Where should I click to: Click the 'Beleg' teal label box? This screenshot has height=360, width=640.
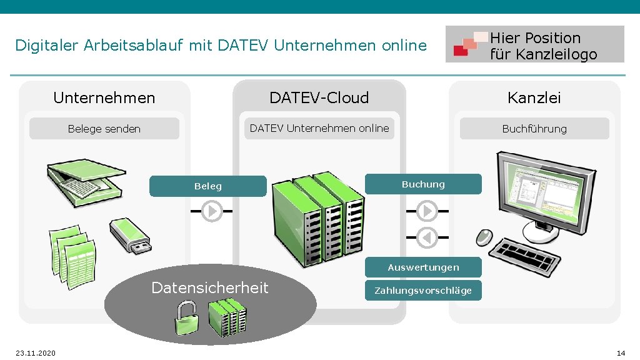[207, 186]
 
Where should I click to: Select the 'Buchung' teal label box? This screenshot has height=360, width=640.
[423, 184]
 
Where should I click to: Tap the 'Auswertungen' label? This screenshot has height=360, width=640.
[423, 267]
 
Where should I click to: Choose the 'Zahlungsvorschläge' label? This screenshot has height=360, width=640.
[423, 291]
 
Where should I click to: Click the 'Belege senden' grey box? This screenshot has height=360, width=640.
[104, 129]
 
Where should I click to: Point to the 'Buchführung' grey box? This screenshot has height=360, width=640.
[534, 129]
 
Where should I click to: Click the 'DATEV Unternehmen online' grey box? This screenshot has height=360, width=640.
[319, 128]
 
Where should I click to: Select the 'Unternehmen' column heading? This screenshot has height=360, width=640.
[104, 97]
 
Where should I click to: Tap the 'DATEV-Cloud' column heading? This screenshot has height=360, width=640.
[319, 97]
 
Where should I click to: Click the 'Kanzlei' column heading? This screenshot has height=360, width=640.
[534, 97]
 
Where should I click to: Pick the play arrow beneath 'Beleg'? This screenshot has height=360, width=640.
[212, 211]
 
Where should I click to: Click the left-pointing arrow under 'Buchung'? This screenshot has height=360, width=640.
[427, 237]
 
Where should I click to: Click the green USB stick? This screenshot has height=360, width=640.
[129, 235]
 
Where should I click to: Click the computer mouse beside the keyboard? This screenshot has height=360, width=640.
[484, 237]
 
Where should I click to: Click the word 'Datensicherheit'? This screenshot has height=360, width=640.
[210, 287]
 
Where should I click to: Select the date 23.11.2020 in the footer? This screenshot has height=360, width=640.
[36, 353]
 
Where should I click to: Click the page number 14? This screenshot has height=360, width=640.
[621, 353]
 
